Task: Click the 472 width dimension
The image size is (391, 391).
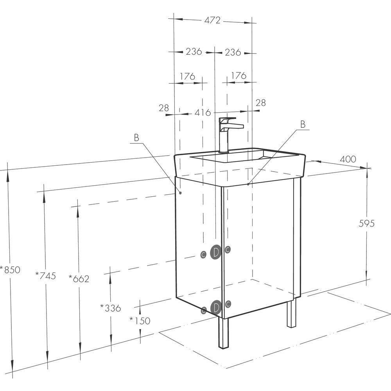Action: point(212,20)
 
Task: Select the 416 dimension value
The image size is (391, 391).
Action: point(203,113)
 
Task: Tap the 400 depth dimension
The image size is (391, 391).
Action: point(348,159)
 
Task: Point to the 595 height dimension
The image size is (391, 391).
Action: point(367,223)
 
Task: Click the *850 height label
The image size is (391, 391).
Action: point(10,269)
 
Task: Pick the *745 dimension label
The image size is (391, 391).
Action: point(46,276)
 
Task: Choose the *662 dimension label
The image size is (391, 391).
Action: point(79,278)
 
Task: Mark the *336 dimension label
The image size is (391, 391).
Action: point(111,308)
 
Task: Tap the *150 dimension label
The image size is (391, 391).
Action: point(140,321)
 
